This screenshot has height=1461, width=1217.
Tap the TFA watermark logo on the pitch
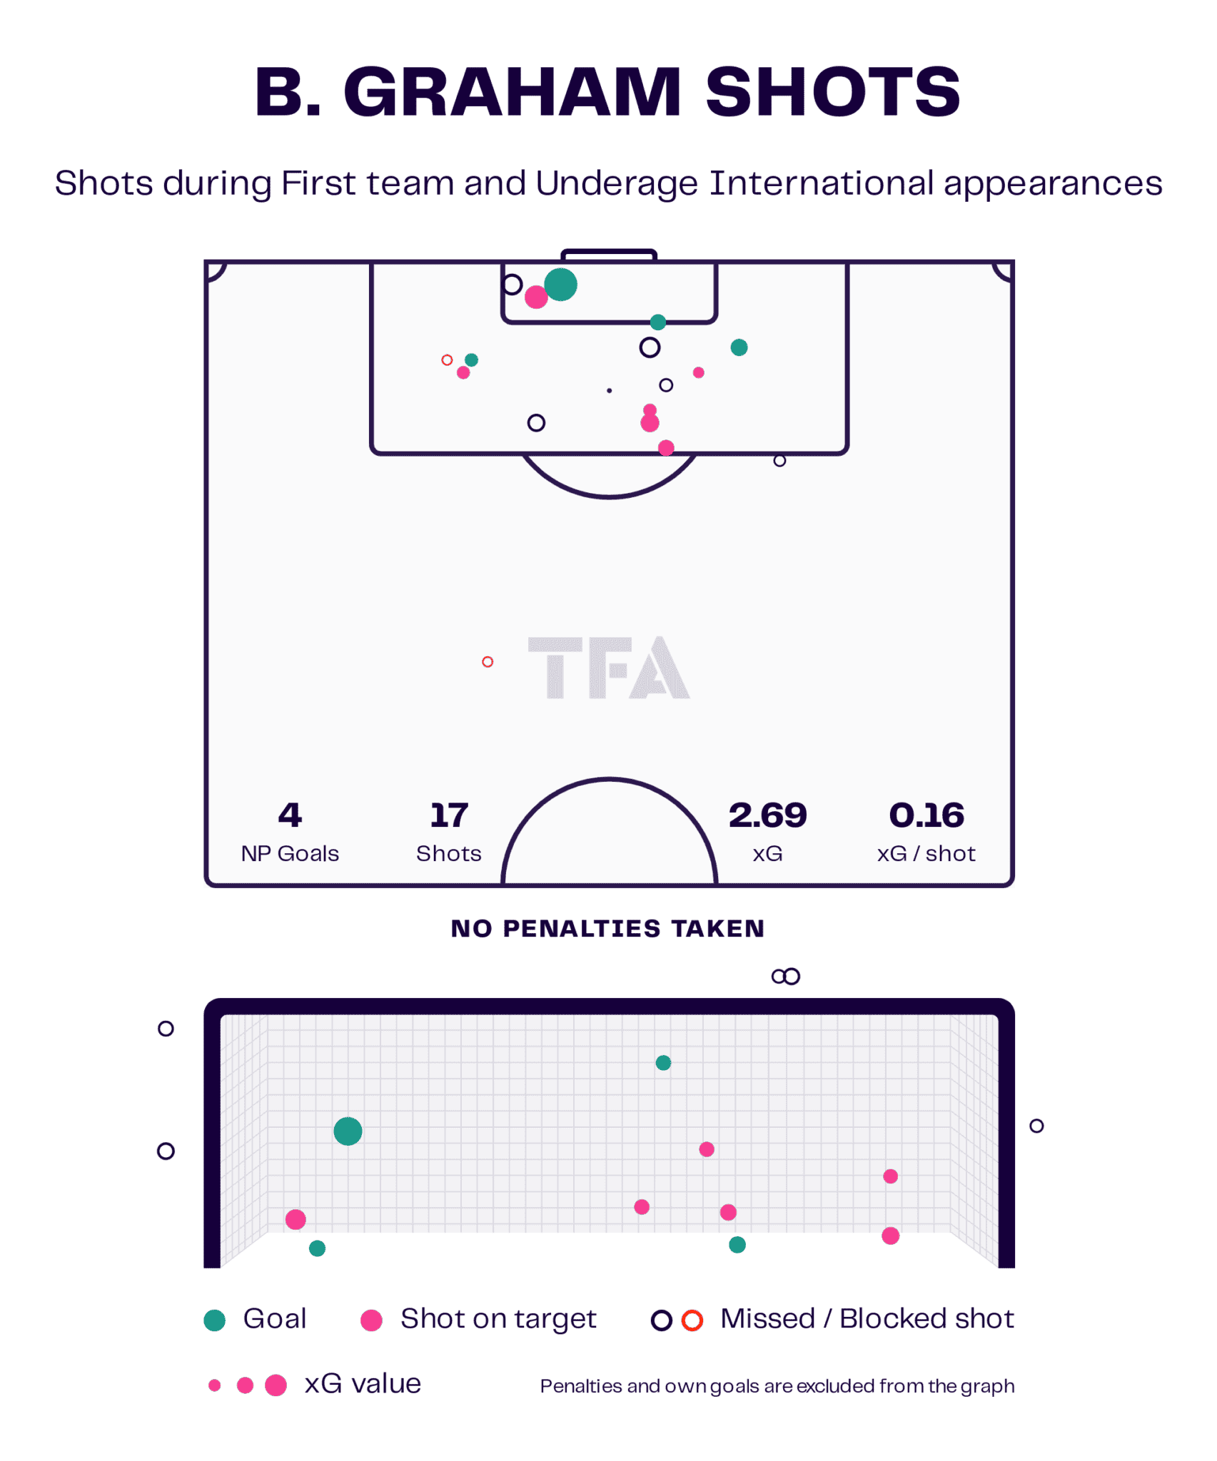point(608,667)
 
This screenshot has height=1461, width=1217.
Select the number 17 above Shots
point(448,815)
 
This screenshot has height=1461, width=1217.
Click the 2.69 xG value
point(767,815)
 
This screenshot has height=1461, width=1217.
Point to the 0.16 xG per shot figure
point(926,815)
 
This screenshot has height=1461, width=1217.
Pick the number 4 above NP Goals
point(290,815)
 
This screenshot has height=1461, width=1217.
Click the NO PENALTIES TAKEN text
point(607,928)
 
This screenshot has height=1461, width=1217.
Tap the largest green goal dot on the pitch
point(560,285)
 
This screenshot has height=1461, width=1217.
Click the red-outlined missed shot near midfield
point(488,662)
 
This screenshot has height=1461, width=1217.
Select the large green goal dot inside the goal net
point(348,1131)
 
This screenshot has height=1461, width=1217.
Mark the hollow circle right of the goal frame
point(1036,1126)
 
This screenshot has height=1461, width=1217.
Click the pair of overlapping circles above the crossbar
point(786,976)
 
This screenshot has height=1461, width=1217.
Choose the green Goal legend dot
point(214,1320)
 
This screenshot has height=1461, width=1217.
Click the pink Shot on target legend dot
point(371,1320)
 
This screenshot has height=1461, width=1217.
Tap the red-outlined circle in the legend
point(692,1320)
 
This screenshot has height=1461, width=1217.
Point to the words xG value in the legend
point(363,1384)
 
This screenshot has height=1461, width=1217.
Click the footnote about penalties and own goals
point(777,1386)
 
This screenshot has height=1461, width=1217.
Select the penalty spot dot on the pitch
point(609,390)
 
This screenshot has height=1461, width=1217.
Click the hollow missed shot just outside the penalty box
point(779,461)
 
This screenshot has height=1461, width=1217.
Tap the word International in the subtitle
point(822,183)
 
